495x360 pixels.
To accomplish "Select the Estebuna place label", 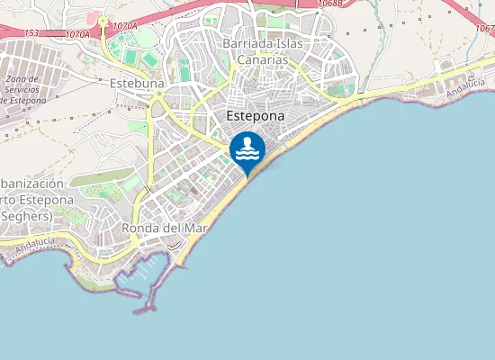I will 136,84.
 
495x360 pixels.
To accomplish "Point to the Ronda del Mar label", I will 165,228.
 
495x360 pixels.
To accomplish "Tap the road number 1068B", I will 330,4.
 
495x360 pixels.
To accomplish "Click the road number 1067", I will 485,28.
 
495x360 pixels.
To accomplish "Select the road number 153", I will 31,32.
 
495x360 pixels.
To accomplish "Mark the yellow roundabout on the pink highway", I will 103,20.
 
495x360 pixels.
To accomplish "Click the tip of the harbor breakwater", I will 138,311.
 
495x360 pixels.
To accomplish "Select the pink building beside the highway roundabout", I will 92,16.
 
